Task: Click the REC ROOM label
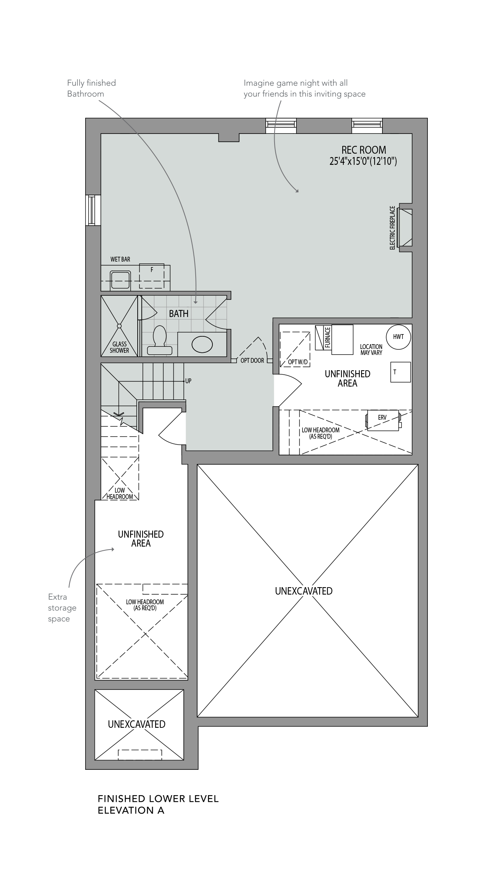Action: point(364,150)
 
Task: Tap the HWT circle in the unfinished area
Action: point(398,337)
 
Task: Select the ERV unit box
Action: point(383,420)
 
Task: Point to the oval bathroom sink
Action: point(202,344)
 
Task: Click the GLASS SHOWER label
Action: point(119,347)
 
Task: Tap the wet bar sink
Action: point(121,281)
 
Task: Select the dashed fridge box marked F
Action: point(151,276)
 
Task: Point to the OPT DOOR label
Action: point(252,361)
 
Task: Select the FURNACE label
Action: point(328,337)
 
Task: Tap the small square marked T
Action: point(401,372)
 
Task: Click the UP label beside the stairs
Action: point(188,381)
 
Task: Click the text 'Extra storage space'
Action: point(62,608)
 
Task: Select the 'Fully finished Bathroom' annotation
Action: point(92,88)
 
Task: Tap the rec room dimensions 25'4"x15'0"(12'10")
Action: point(363,161)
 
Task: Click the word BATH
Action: point(179,314)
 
